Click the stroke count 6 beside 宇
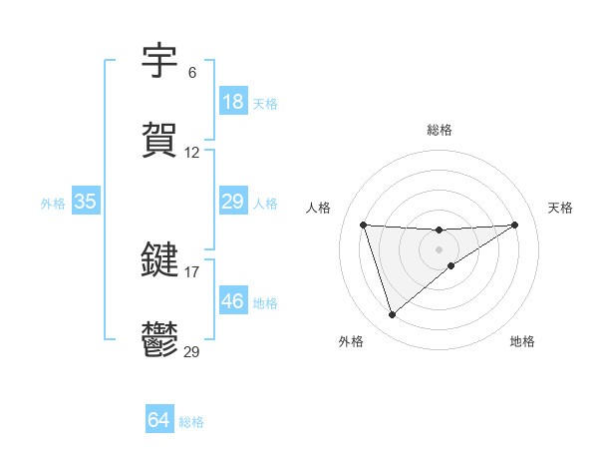[191, 73]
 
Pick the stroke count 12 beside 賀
[192, 153]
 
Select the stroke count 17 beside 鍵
[192, 270]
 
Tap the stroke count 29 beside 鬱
[192, 350]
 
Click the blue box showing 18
[232, 102]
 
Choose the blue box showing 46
[232, 300]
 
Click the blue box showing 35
[86, 202]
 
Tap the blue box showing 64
[159, 420]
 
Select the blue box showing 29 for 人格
[232, 202]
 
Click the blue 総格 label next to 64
[191, 422]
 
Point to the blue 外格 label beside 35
[53, 204]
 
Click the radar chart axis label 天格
[560, 208]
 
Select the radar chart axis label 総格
[439, 130]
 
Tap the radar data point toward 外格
[392, 315]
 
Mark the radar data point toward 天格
[515, 225]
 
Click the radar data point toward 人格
[363, 225]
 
